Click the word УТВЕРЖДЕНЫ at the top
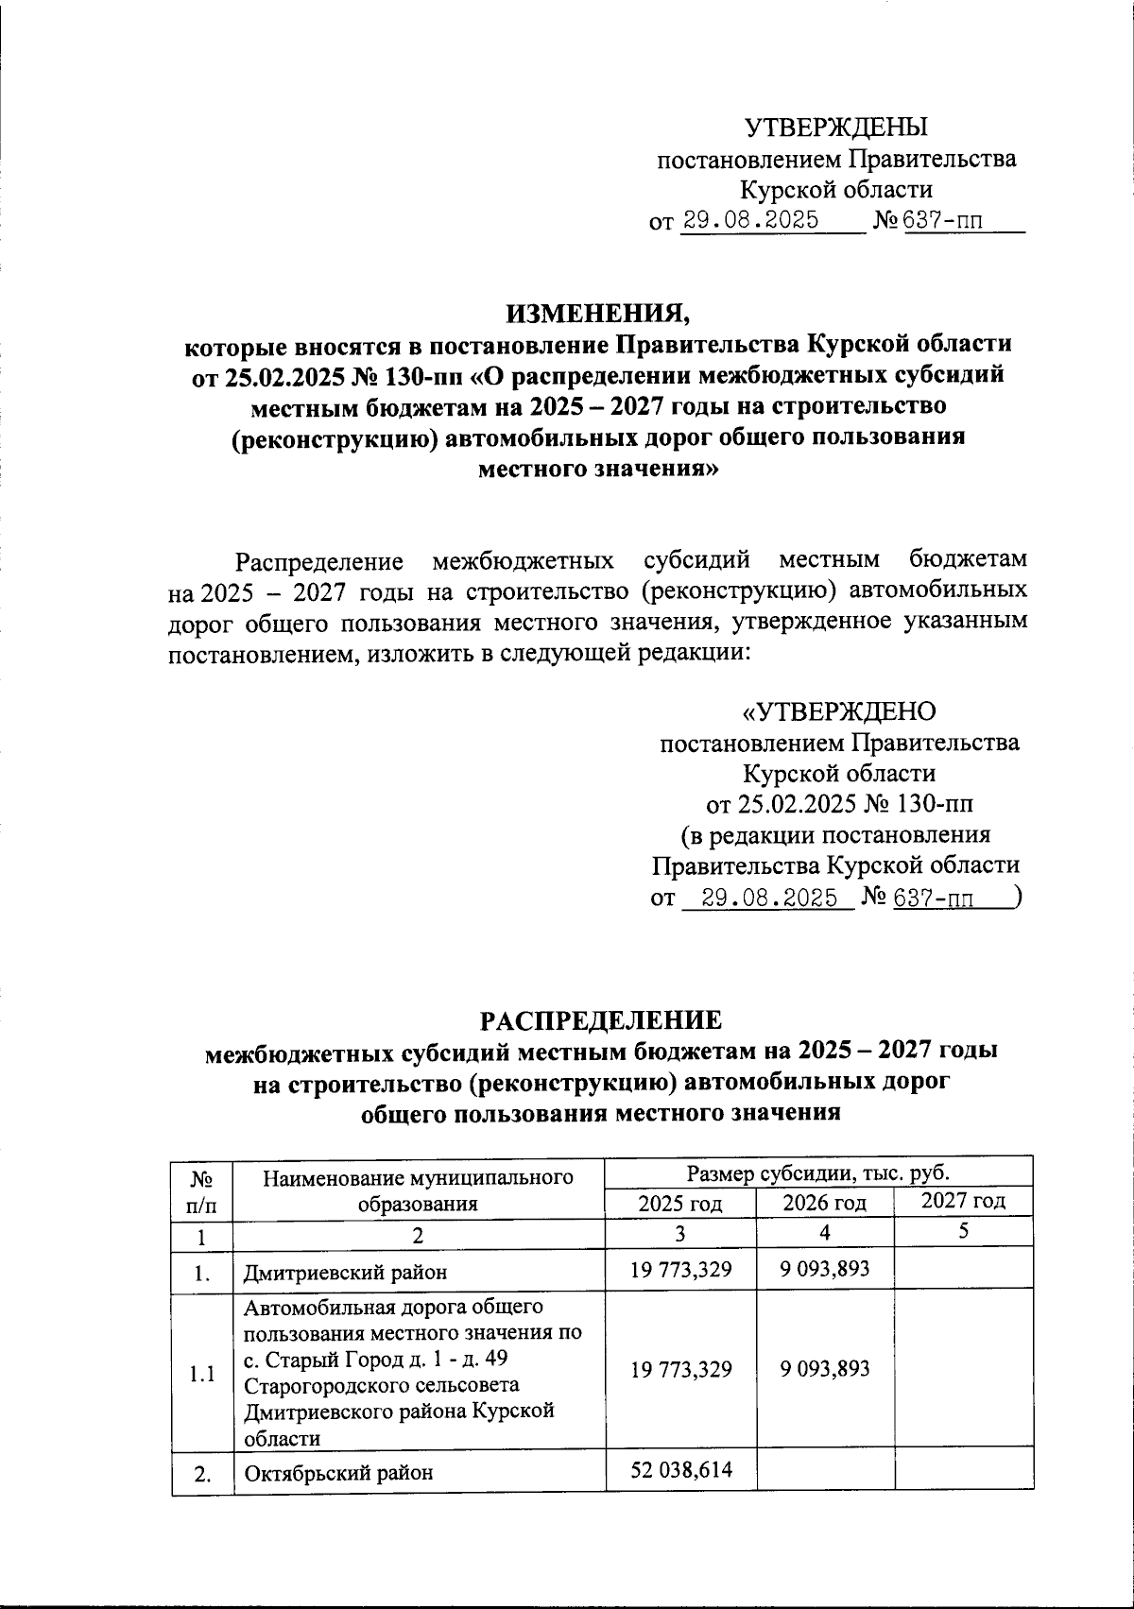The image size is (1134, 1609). pos(836,127)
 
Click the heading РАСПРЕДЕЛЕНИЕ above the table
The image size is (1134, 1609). pos(601,1019)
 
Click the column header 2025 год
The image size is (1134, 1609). pos(680,1203)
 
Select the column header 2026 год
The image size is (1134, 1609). pos(824,1203)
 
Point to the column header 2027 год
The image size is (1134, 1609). pos(963,1201)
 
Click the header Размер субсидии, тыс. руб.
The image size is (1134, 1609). pos(818,1173)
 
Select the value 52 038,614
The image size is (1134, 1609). pos(680,1469)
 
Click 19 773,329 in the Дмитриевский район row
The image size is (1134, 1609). pos(680,1269)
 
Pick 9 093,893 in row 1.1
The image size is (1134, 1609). pos(824,1368)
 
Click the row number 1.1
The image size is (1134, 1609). pos(201,1374)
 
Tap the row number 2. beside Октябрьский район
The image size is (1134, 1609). pos(201,1474)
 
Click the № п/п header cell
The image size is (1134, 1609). pos(200,1190)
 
